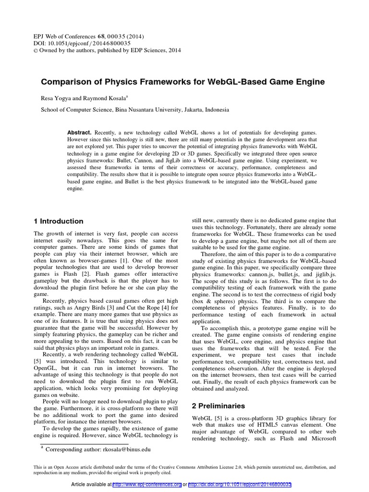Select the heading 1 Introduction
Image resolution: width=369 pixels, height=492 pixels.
click(58, 221)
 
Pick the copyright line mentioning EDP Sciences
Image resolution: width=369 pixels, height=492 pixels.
click(109, 50)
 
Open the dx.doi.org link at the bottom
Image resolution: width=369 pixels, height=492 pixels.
click(240, 485)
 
